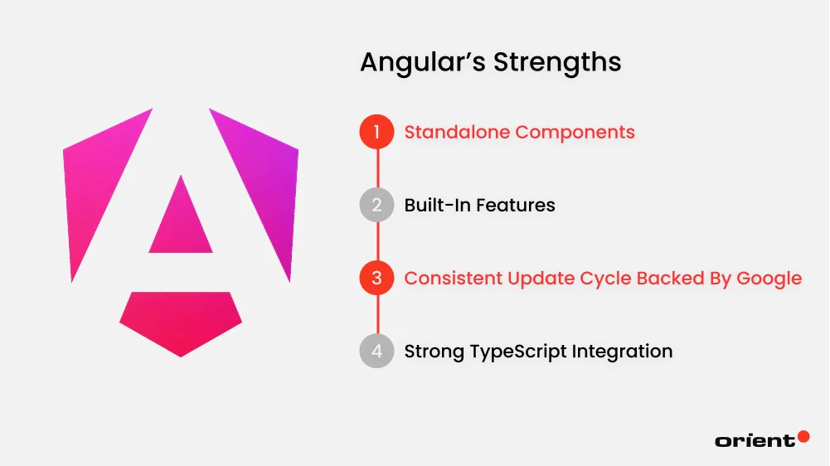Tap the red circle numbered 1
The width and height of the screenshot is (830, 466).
[x=376, y=132]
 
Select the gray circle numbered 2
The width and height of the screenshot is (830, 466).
[x=376, y=205]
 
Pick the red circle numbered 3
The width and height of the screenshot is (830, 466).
[x=376, y=278]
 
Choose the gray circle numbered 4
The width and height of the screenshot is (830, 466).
[x=376, y=351]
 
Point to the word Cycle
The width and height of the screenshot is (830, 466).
[x=595, y=278]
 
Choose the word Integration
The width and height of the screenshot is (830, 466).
[x=622, y=351]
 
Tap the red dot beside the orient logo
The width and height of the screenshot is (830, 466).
[x=803, y=436]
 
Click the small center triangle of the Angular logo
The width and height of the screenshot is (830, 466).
[x=181, y=220]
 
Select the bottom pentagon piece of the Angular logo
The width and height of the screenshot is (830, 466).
[x=181, y=320]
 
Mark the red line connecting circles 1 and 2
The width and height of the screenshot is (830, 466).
[x=377, y=168]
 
